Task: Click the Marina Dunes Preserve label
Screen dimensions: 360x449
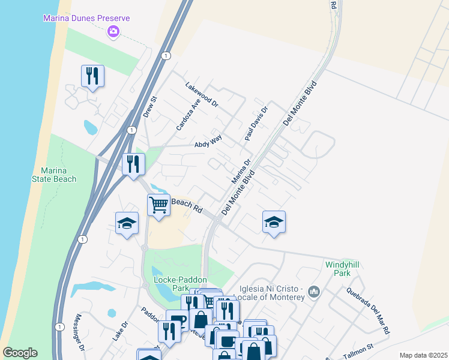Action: click(86, 18)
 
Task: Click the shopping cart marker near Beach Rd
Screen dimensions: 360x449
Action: click(158, 205)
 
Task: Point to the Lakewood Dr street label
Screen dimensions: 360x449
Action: click(202, 94)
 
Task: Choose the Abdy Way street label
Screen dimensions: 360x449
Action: click(208, 142)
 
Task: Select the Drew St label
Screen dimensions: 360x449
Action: click(149, 107)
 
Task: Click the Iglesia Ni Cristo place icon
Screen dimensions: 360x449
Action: click(314, 292)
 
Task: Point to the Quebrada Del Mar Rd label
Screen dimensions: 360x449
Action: click(368, 310)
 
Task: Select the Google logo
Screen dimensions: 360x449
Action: click(20, 353)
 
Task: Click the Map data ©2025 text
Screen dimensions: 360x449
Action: click(423, 355)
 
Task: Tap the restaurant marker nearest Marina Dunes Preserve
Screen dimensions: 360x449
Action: click(92, 76)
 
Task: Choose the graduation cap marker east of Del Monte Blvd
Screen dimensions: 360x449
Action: click(274, 222)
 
